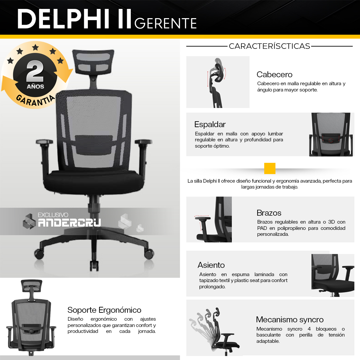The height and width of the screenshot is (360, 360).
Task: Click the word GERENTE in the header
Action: [165, 23]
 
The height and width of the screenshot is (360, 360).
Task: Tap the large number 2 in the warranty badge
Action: [35, 71]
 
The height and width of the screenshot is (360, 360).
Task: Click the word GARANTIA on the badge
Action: [36, 100]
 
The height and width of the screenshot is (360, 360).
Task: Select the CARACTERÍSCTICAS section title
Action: [269, 46]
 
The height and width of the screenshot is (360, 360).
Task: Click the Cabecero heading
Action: [274, 74]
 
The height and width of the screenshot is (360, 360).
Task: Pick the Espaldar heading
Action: [210, 124]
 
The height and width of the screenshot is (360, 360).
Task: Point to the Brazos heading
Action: [269, 213]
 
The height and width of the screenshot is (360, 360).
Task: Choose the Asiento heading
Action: [211, 265]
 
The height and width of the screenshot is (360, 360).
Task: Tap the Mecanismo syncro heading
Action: [290, 319]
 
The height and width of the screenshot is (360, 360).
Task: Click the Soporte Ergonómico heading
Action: [104, 310]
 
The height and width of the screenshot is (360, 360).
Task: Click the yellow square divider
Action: [270, 168]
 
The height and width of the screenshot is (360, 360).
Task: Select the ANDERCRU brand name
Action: [69, 223]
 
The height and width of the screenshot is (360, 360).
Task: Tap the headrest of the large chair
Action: [93, 61]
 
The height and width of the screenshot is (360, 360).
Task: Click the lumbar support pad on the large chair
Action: [94, 144]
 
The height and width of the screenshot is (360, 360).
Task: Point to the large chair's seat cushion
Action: [94, 181]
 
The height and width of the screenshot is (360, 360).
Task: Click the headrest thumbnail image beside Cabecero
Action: [218, 82]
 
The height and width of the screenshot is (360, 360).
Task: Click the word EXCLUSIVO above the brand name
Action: [53, 215]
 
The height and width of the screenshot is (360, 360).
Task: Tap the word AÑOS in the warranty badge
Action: [35, 87]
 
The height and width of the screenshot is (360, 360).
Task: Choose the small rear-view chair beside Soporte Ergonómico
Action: [31, 317]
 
